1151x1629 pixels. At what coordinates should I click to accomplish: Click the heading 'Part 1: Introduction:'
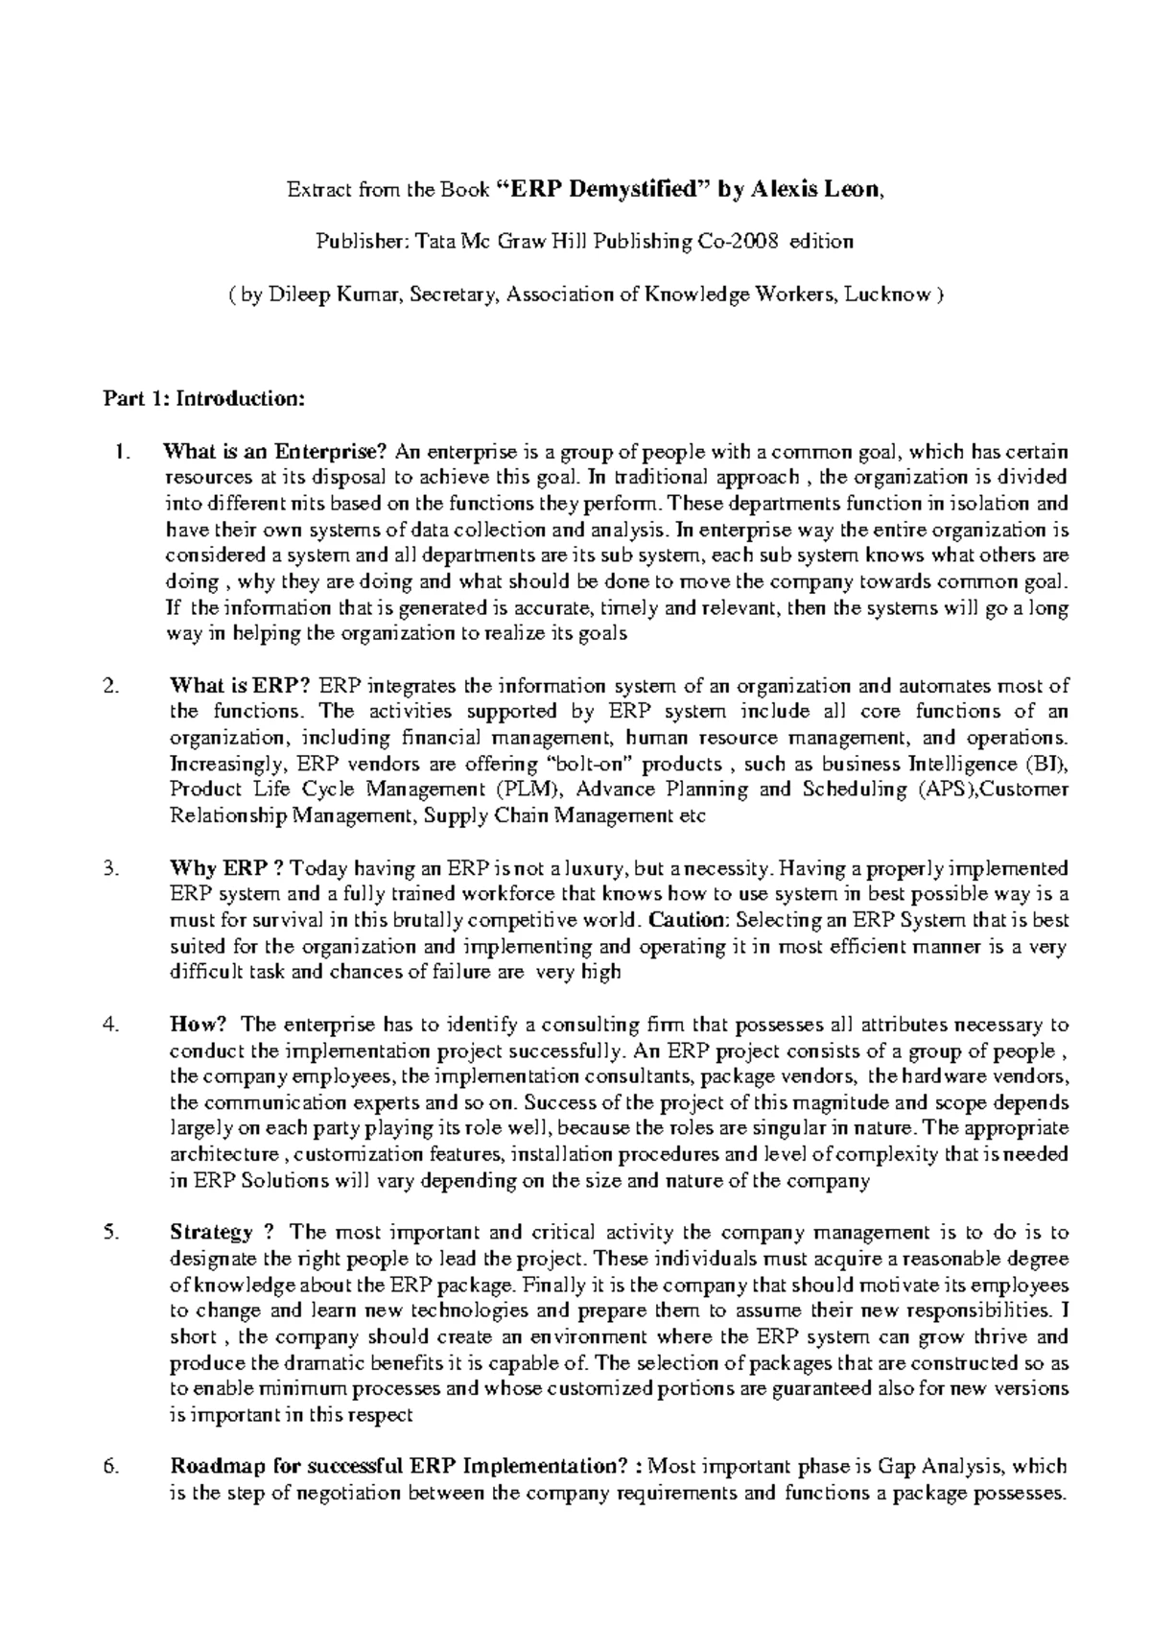[x=203, y=399]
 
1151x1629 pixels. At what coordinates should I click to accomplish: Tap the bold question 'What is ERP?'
[x=240, y=686]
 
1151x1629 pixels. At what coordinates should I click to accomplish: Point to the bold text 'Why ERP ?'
[x=226, y=868]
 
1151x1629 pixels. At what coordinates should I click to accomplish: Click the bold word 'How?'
[x=196, y=1025]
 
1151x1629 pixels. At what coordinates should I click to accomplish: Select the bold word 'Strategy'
[x=211, y=1233]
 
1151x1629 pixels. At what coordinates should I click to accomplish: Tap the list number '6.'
[x=111, y=1467]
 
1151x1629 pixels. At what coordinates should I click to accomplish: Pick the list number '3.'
[x=111, y=868]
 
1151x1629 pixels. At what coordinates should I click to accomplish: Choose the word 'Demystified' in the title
[x=632, y=190]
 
